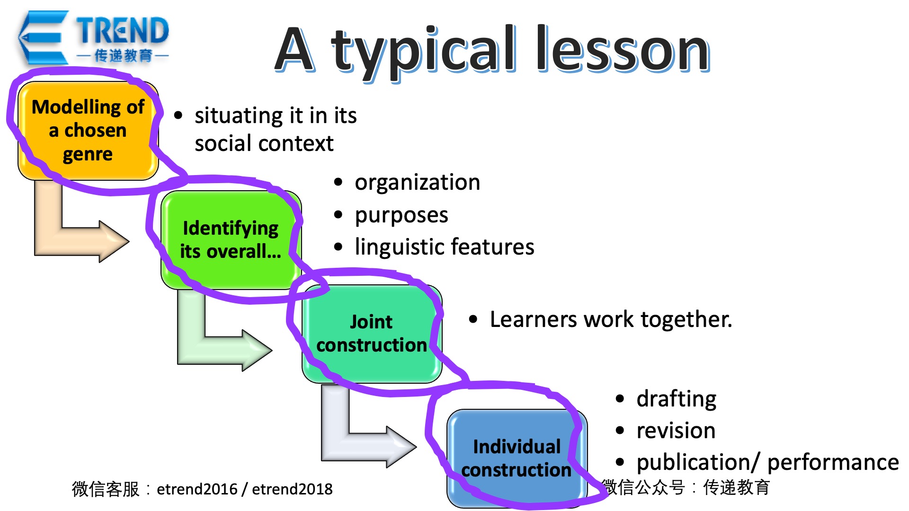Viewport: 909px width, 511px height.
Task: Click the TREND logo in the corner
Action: coord(93,38)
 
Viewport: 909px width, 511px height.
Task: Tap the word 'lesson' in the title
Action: coord(623,48)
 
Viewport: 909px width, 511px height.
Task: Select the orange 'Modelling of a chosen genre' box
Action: coord(88,131)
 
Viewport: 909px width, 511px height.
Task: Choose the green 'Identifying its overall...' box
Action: coord(231,240)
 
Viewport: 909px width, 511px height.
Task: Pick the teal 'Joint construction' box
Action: coord(372,334)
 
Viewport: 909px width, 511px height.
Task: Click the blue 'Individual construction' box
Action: coord(517,458)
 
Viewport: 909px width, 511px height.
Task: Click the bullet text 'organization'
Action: coord(417,182)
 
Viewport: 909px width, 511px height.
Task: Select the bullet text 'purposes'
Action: coord(401,215)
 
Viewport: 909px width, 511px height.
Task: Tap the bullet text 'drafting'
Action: coord(676,399)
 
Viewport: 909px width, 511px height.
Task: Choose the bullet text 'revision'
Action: coord(676,431)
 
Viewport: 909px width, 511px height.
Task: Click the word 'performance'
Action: coord(833,462)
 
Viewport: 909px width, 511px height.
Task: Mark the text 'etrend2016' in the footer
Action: coord(197,489)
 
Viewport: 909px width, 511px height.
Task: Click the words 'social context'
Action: coord(264,143)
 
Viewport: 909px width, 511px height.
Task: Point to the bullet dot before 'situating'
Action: coord(178,115)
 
